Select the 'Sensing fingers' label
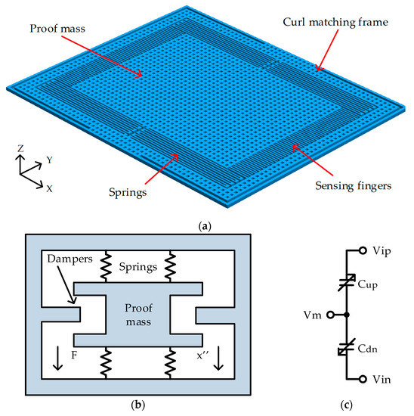(352, 183)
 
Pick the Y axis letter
(49, 160)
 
